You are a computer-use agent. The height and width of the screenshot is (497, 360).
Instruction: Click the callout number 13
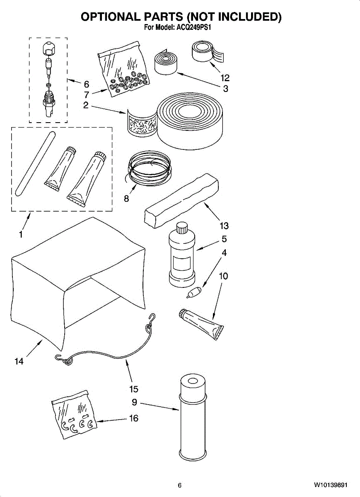tap(224, 226)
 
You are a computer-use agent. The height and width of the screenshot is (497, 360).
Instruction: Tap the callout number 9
tap(134, 402)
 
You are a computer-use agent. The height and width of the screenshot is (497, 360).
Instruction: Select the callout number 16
tap(134, 419)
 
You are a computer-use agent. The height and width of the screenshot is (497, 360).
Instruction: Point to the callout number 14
tap(19, 361)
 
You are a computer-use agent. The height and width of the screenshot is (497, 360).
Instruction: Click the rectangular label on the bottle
tap(181, 263)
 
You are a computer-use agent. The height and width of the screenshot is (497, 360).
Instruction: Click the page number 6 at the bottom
tap(179, 485)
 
